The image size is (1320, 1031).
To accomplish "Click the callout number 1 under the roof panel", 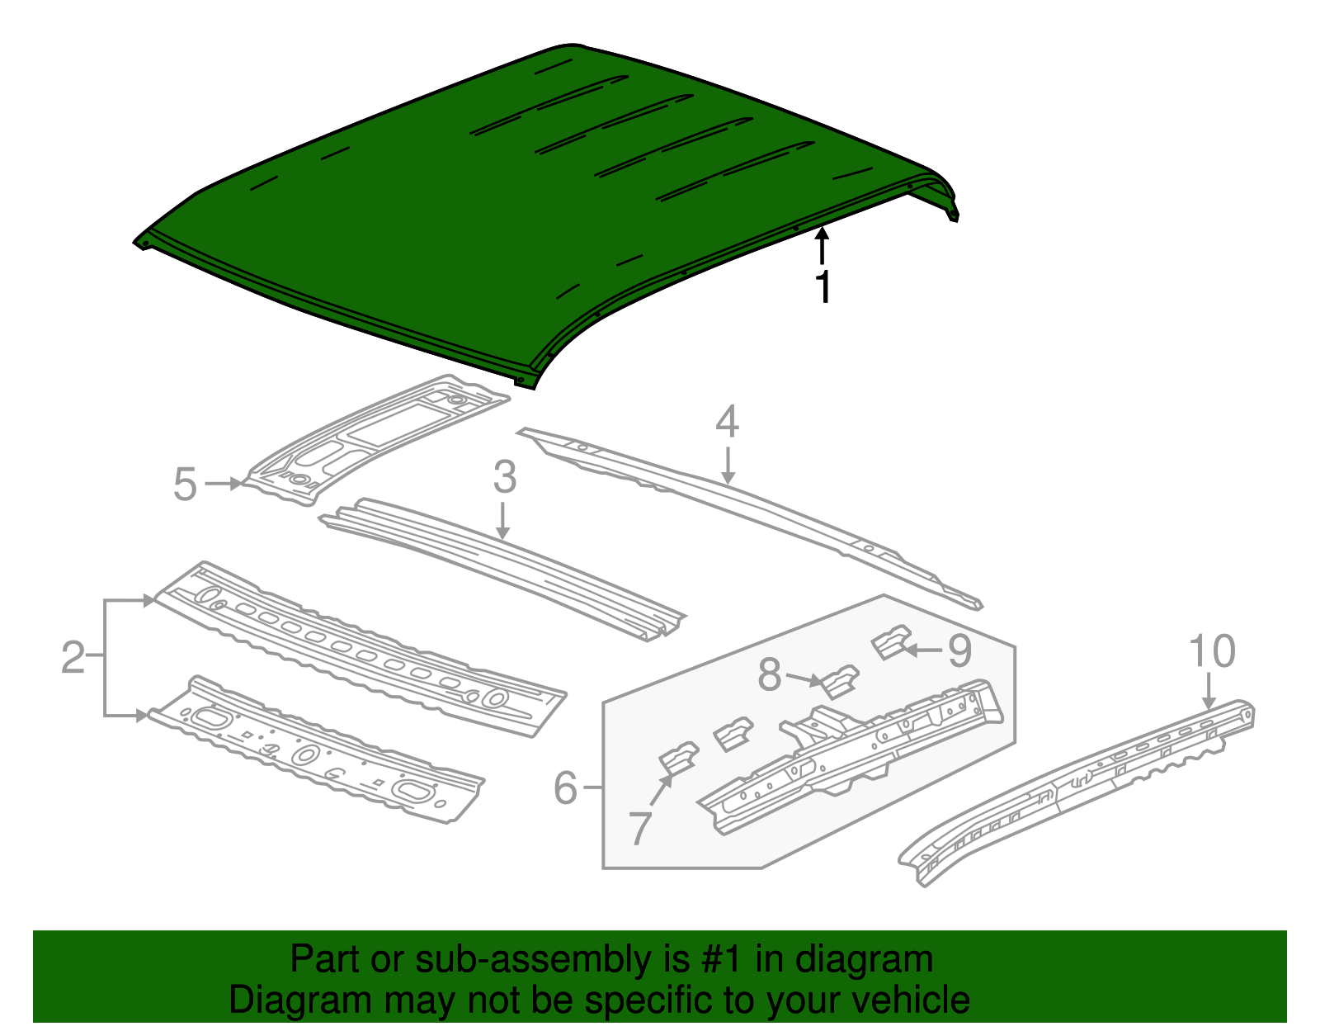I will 822,286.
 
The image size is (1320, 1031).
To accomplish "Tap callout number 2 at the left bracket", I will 73,658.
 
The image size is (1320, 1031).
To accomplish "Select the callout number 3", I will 504,478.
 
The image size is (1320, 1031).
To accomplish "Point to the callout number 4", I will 726,422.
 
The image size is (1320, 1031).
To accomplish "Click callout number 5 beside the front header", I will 185,485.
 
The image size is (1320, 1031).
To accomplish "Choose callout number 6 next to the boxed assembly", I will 565,787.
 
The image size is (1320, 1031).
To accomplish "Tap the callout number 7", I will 640,828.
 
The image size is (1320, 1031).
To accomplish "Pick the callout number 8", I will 769,675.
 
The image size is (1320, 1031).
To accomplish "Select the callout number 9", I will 959,651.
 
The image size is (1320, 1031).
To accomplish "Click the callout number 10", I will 1211,651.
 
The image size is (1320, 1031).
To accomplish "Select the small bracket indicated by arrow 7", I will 678,758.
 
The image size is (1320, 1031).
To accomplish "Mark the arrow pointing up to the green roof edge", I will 822,247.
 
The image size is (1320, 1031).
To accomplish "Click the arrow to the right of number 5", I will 223,484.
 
